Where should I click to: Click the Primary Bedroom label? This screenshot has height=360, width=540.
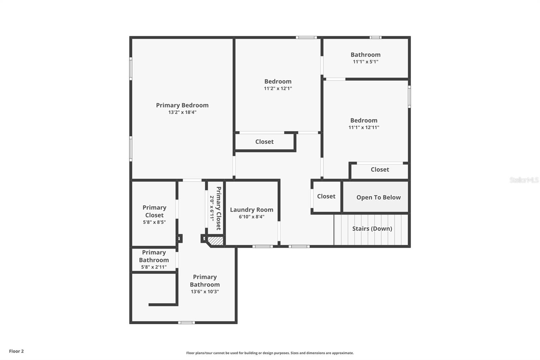[x=182, y=105]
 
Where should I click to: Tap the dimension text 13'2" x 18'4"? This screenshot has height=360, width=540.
[x=182, y=112]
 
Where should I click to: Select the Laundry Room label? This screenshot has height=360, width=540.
[x=251, y=210]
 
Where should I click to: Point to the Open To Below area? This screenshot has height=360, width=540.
[x=378, y=198]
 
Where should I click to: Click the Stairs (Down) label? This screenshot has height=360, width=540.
[x=372, y=229]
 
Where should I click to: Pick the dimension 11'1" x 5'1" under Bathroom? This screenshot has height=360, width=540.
[x=366, y=62]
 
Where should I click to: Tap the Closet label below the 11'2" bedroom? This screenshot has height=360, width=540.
[x=264, y=142]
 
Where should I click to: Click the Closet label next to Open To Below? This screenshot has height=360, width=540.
[x=326, y=196]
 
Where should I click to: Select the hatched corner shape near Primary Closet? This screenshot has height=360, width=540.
[x=215, y=241]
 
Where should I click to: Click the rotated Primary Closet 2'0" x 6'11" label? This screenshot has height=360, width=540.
[x=215, y=208]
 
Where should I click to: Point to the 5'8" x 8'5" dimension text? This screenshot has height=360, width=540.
[x=154, y=222]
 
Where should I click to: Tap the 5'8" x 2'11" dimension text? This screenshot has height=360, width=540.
[x=154, y=267]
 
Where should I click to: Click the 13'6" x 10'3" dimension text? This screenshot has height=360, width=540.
[x=205, y=292]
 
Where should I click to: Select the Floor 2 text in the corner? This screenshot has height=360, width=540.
[x=16, y=351]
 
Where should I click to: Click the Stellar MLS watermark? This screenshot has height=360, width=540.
[x=524, y=180]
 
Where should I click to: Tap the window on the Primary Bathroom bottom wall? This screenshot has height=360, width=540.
[x=186, y=323]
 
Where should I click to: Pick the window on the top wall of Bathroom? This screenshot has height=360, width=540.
[x=375, y=37]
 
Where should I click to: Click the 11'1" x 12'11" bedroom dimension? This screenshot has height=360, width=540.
[x=364, y=128]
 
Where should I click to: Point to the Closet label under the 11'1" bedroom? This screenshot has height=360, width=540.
[x=380, y=170]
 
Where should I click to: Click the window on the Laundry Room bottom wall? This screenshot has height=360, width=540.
[x=263, y=247]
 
